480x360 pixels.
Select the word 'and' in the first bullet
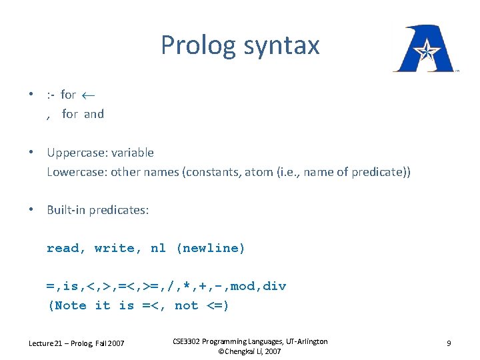pos(94,114)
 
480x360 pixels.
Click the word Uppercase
pos(74,153)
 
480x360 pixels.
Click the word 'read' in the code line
pos(63,248)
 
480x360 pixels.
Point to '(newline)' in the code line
pos(210,248)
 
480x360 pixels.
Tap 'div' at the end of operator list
pos(275,286)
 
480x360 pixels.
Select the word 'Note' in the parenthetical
pos(71,305)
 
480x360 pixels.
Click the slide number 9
pos(449,343)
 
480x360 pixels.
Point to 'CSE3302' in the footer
pos(191,341)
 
